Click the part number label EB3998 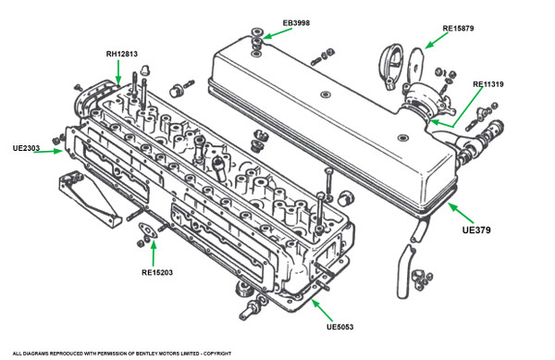pyautogui.click(x=296, y=23)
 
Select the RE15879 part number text pyautogui.click(x=458, y=29)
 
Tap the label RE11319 pyautogui.click(x=488, y=84)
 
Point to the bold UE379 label pyautogui.click(x=476, y=230)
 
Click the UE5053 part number pyautogui.click(x=339, y=327)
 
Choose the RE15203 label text pyautogui.click(x=157, y=273)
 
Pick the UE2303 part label pyautogui.click(x=26, y=148)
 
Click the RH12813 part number pyautogui.click(x=122, y=55)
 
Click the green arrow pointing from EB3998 pyautogui.click(x=277, y=33)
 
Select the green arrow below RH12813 pyautogui.click(x=118, y=72)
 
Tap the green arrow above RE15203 pyautogui.click(x=154, y=253)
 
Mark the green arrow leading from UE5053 pyautogui.click(x=322, y=310)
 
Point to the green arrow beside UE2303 pyautogui.click(x=48, y=152)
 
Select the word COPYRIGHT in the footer pyautogui.click(x=217, y=354)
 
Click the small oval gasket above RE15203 pyautogui.click(x=148, y=230)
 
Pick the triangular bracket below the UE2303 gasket pyautogui.click(x=90, y=199)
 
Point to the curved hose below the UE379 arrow pyautogui.click(x=405, y=271)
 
